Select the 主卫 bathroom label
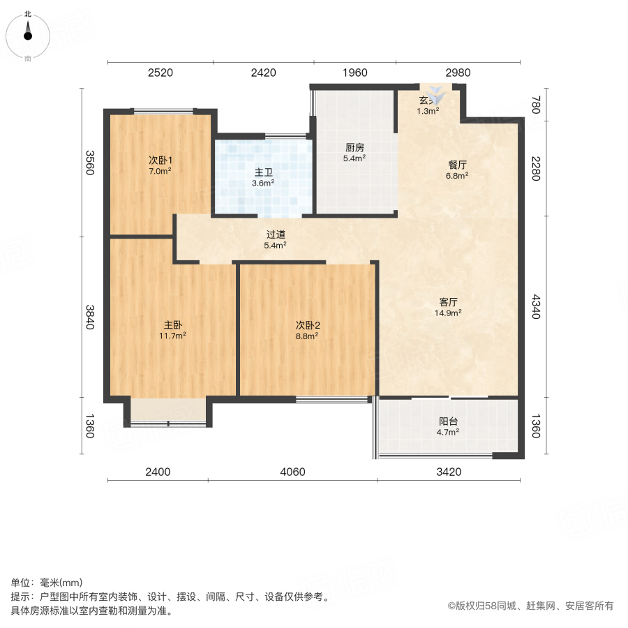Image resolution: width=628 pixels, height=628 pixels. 264,172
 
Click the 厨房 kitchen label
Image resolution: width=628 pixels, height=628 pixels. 355,148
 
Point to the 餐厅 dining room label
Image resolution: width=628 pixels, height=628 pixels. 458,165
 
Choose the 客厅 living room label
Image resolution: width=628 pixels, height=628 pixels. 448,303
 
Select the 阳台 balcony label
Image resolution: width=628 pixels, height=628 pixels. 448,421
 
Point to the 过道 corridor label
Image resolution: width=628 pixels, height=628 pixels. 276,235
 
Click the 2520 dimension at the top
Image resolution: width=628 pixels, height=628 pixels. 160,73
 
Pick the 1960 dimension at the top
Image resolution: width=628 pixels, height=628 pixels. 355,73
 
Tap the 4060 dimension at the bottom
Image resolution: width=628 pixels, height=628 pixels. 293,472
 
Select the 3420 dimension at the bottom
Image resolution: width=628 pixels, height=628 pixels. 449,472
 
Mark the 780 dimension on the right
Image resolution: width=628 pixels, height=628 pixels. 536,106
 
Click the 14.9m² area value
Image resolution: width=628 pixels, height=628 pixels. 448,313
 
